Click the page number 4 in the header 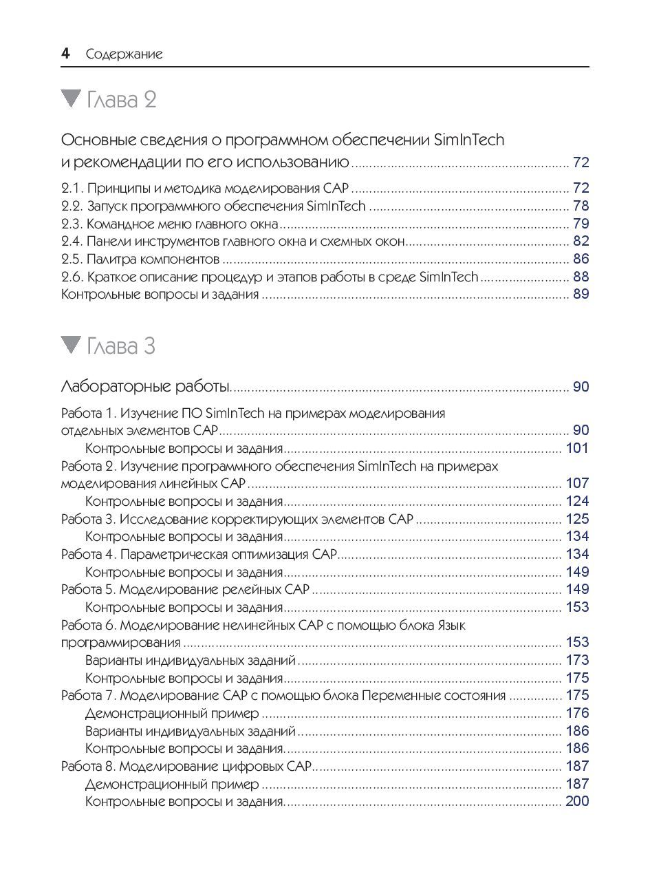pos(65,54)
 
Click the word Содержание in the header pos(124,54)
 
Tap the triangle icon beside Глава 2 pos(71,98)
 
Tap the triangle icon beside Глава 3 pos(71,344)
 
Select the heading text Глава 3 pos(121,345)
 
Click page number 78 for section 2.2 pos(581,206)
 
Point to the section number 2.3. pos(71,224)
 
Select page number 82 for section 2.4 pos(581,242)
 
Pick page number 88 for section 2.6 pos(581,277)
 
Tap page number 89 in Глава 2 pos(581,295)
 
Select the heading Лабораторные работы pos(146,387)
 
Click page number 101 pos(577,449)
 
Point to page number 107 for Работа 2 pos(577,483)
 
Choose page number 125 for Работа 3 pos(577,519)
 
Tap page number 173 pos(577,660)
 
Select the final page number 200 pos(577,801)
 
